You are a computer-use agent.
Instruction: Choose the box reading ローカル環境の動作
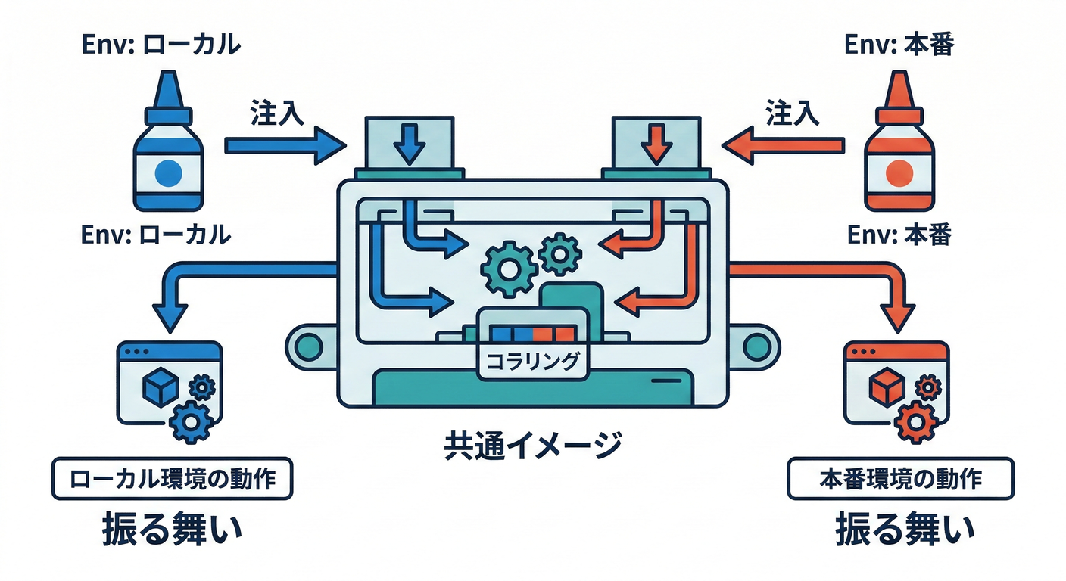tap(171, 479)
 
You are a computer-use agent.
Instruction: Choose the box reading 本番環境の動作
tap(900, 479)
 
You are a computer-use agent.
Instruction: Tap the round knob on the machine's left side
tap(307, 347)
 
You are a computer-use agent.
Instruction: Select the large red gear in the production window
tap(914, 421)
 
